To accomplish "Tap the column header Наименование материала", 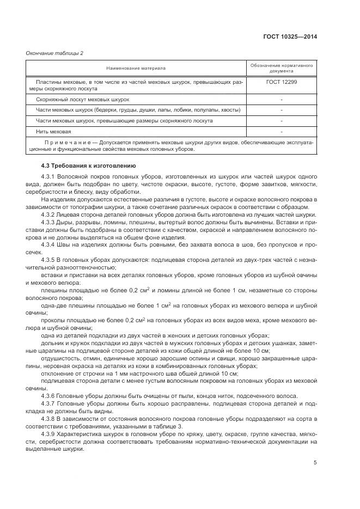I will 136,68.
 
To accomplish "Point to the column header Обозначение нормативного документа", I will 282,68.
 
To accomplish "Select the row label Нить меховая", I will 53,131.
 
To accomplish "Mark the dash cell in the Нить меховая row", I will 282,131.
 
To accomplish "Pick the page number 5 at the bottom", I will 315,463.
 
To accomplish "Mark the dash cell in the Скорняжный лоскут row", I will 282,100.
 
